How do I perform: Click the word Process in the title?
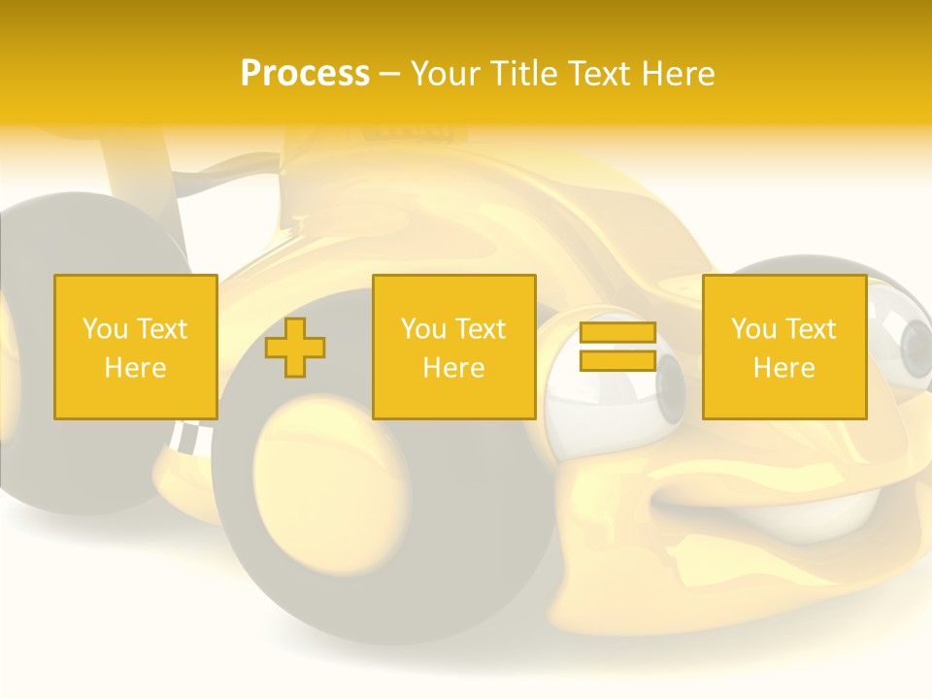[305, 74]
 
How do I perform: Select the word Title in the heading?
[524, 74]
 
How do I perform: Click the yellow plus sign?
[295, 348]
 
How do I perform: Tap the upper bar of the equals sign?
[617, 333]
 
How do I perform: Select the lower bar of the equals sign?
[617, 360]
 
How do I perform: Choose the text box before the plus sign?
[135, 347]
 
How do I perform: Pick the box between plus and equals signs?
[453, 347]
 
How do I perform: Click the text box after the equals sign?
[783, 347]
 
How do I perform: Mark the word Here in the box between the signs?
[453, 368]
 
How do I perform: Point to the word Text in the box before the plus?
[161, 329]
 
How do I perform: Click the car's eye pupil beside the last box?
[915, 342]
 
